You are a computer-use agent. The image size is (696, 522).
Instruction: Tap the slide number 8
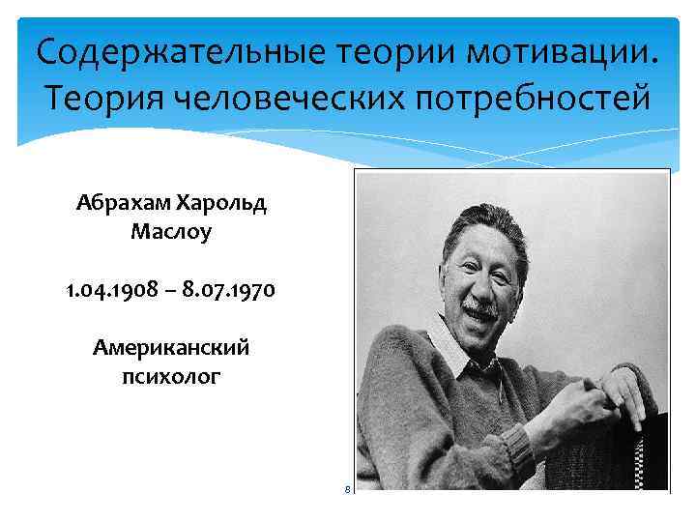click(x=347, y=490)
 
